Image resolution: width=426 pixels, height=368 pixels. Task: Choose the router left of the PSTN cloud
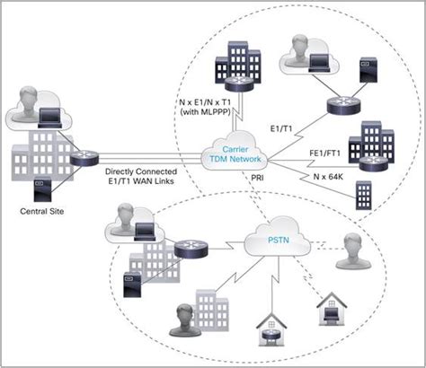190,250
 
